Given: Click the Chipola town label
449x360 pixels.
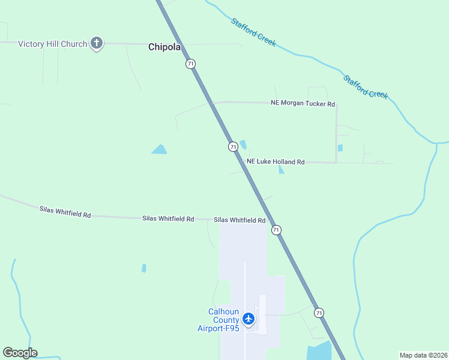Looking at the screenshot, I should [164, 47].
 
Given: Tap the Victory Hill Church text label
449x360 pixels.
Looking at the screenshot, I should [52, 43].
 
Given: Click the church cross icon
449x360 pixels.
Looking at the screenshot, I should [97, 43].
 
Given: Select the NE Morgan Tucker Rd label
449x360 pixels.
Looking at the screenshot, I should [303, 104].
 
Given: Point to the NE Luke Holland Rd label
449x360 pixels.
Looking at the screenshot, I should [276, 162].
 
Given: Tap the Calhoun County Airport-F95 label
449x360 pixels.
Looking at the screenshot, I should [219, 320].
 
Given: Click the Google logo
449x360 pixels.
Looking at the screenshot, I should [20, 353].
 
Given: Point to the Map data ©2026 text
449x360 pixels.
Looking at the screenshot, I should [423, 355].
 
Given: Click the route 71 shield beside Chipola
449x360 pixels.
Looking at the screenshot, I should [190, 64].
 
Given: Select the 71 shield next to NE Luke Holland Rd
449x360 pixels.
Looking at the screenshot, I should [233, 146].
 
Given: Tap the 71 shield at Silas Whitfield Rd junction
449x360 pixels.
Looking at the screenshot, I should [276, 230].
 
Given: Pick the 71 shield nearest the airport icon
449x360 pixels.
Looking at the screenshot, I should [319, 313].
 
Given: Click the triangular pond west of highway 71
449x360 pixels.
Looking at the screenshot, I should [159, 149].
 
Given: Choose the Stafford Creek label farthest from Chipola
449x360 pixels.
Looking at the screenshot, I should [366, 86].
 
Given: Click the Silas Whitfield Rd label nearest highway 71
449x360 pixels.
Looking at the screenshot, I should [240, 220].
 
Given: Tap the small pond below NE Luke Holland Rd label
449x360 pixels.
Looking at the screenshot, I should [281, 170].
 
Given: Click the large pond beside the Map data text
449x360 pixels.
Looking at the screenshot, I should [319, 352].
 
